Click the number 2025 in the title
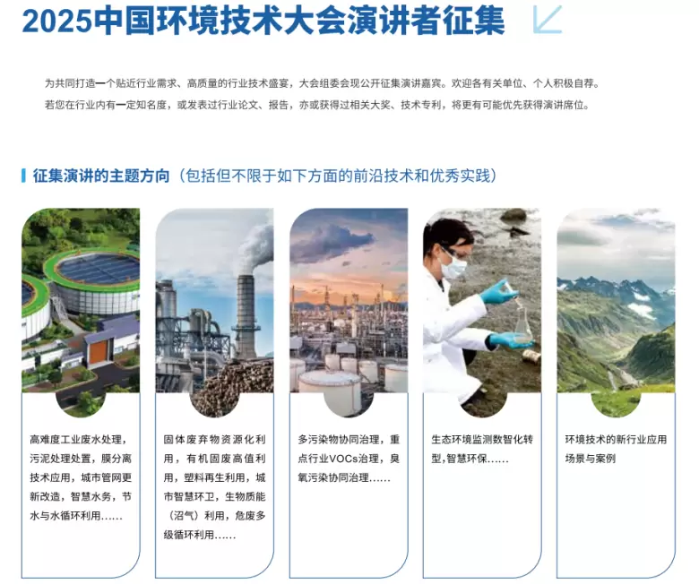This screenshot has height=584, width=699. pyautogui.click(x=56, y=21)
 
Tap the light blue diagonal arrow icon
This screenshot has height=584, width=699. pyautogui.click(x=548, y=20)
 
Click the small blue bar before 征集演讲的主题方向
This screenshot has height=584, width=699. pyautogui.click(x=23, y=176)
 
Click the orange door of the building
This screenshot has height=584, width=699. pyautogui.click(x=98, y=351)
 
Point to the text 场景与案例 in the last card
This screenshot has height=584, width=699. pyautogui.click(x=591, y=459)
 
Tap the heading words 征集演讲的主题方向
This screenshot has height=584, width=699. pyautogui.click(x=101, y=176)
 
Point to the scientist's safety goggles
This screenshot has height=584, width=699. pyautogui.click(x=453, y=252)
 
